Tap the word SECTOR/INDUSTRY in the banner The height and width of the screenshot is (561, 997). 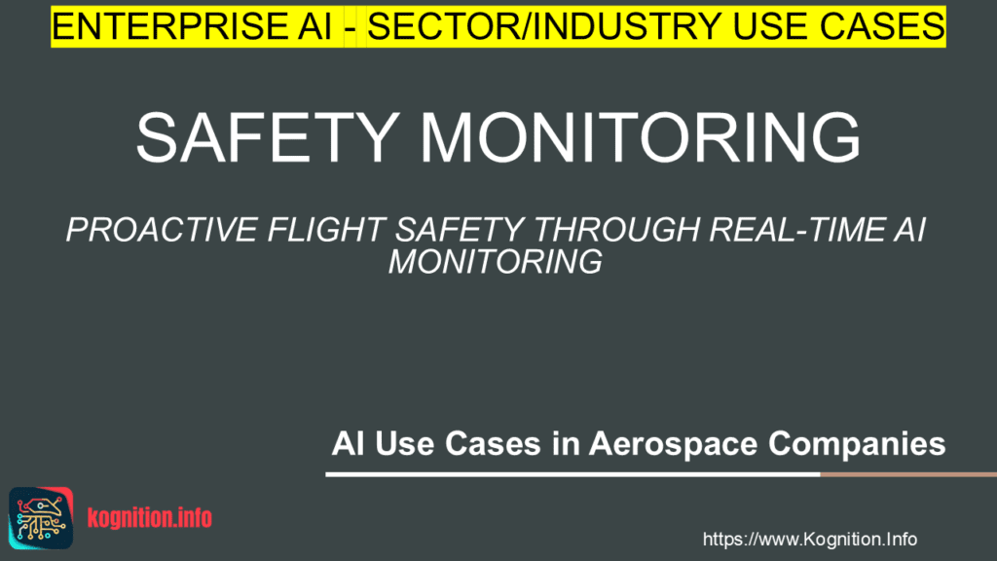pos(512,25)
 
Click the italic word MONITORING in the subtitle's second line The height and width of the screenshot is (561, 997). pos(496,262)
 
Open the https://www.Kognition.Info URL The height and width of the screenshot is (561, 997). pos(809,539)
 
